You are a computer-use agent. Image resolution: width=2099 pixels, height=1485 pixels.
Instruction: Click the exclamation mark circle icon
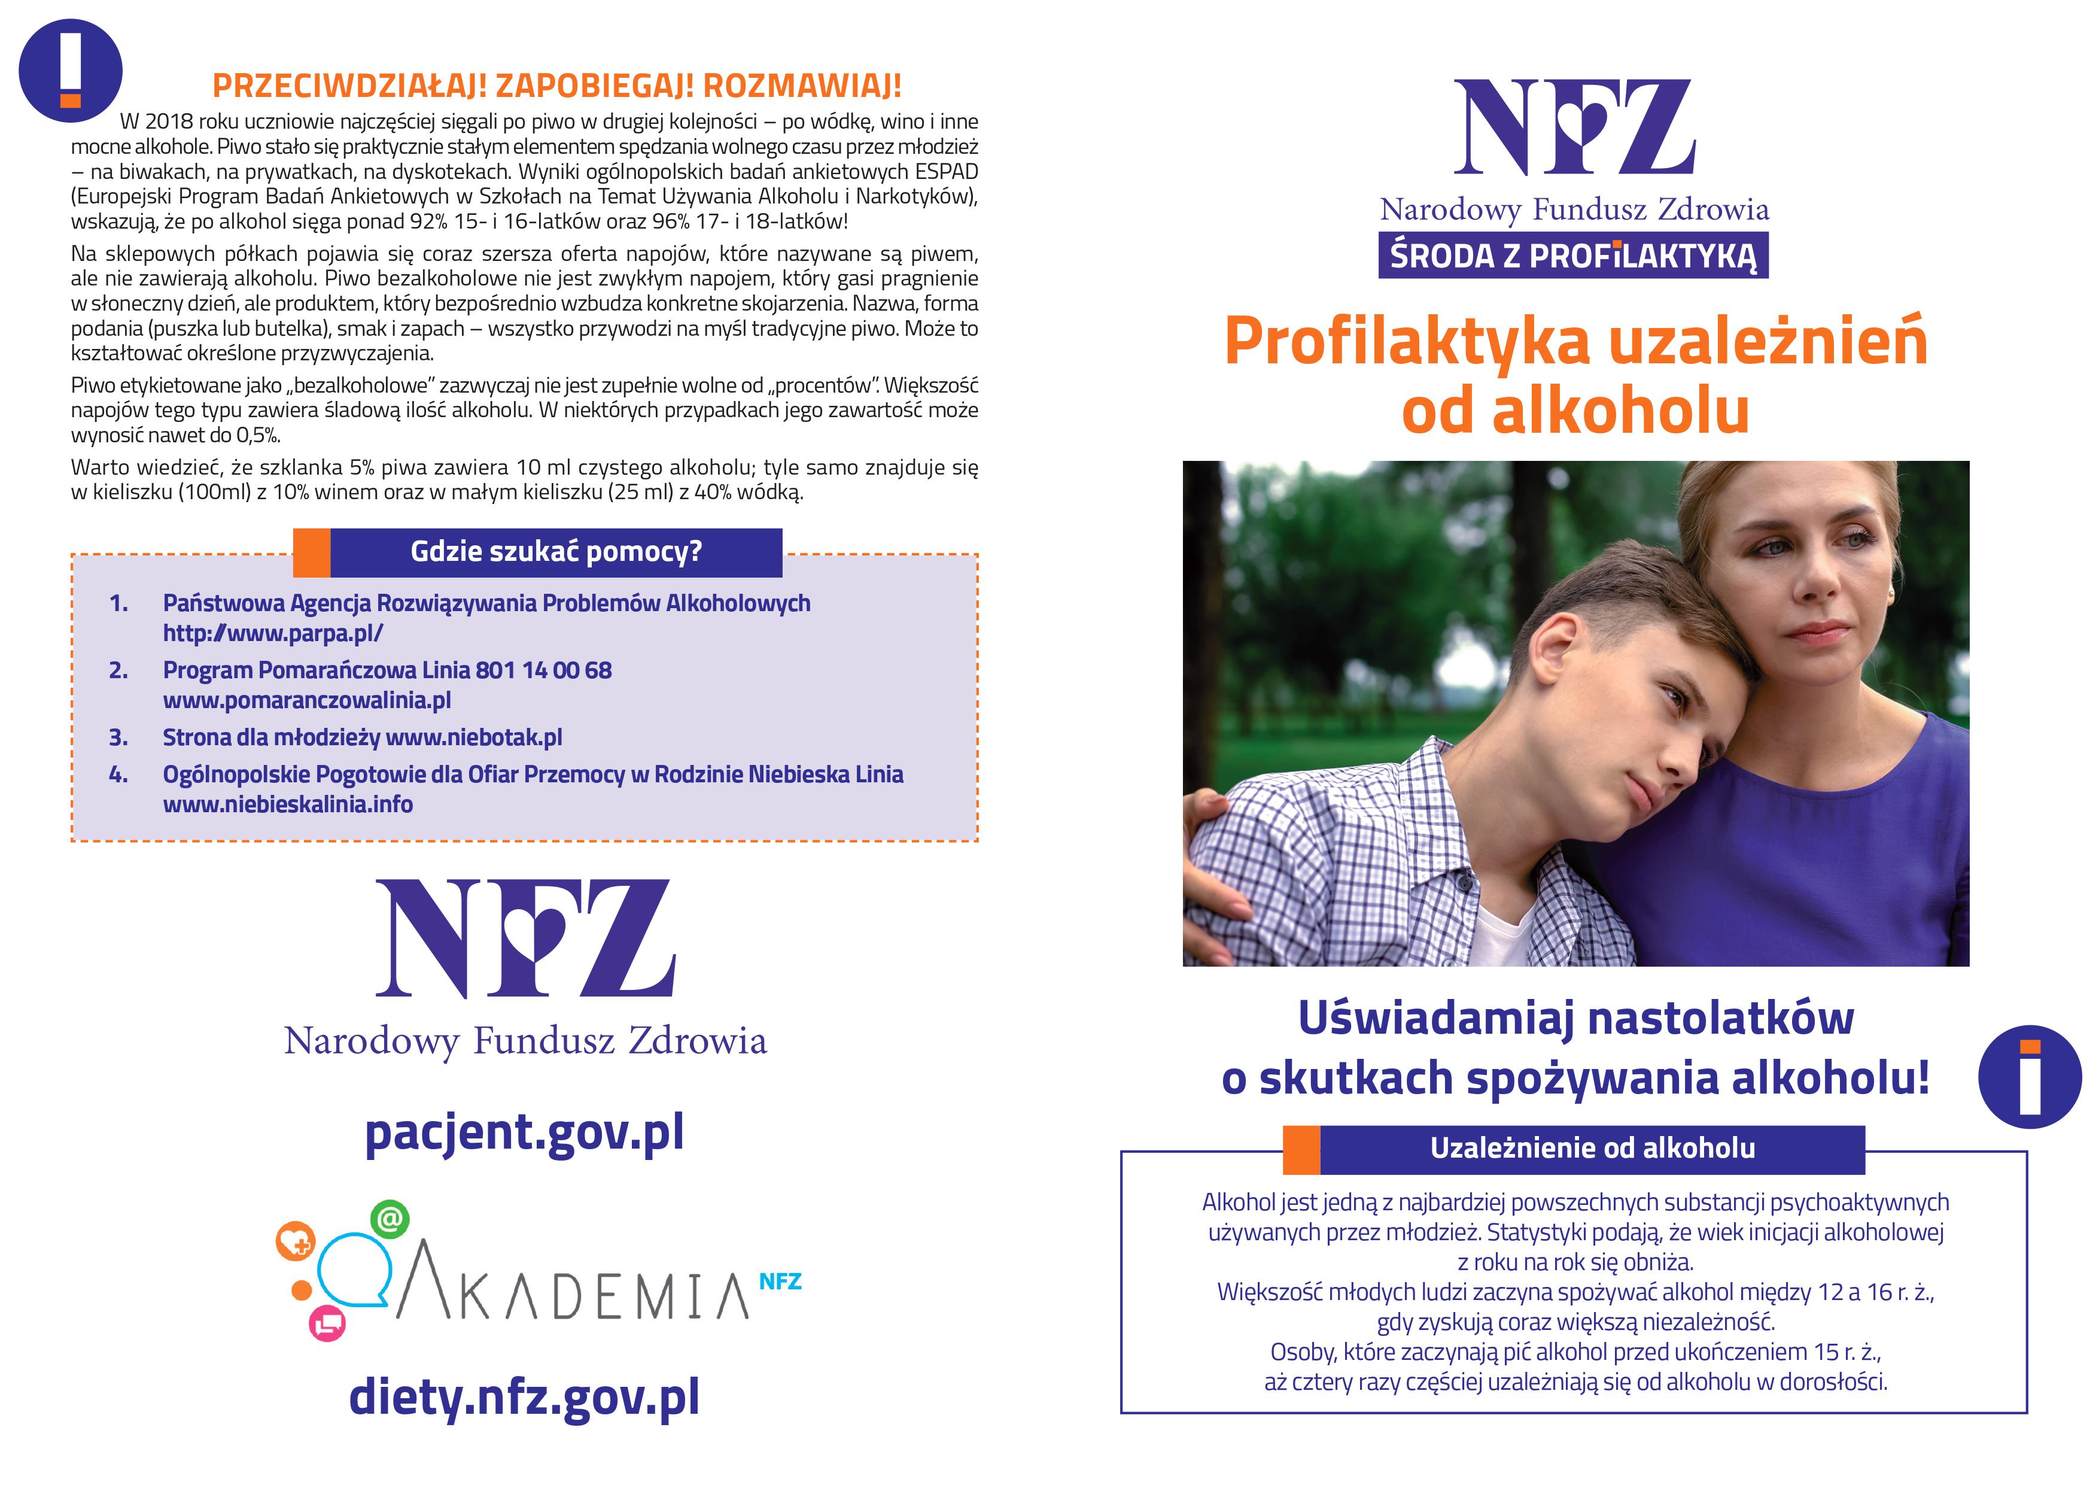[71, 71]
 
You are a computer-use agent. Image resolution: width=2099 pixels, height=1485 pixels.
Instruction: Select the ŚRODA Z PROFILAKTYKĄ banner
[1572, 256]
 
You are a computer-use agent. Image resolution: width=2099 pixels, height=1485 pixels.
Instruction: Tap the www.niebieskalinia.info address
[287, 804]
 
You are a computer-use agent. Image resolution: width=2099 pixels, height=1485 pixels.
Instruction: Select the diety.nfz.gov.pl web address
[524, 1396]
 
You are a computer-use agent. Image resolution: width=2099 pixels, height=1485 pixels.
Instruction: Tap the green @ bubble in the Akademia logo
[390, 1219]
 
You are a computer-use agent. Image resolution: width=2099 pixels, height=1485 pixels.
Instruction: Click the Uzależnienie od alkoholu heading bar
[1592, 1149]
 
